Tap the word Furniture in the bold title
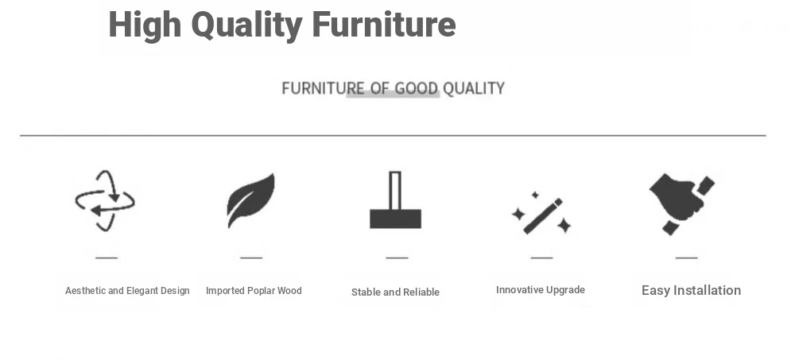(x=384, y=24)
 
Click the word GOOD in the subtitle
(x=417, y=88)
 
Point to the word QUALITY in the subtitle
(x=474, y=88)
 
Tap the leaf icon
(x=250, y=200)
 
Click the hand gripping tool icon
(x=682, y=203)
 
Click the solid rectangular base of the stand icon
(x=395, y=219)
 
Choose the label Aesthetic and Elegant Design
(x=127, y=291)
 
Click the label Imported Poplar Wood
(x=254, y=291)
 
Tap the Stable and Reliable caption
(x=395, y=292)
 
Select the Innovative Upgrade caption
(x=541, y=290)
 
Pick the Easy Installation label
(x=691, y=291)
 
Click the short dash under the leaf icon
(x=251, y=257)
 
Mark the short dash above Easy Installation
(x=687, y=257)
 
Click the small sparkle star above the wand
(x=535, y=195)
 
